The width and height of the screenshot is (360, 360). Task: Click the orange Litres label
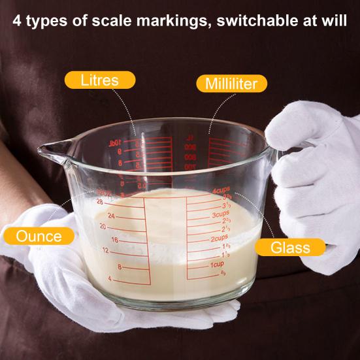tap(99, 80)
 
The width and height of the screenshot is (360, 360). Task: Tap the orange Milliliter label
tap(231, 84)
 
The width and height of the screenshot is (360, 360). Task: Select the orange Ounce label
tap(40, 236)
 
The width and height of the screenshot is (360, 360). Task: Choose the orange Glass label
tap(289, 247)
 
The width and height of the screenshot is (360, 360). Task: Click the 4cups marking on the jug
tap(221, 190)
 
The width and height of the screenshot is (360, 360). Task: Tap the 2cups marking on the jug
tap(218, 238)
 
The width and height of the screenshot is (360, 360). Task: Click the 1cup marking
tap(218, 264)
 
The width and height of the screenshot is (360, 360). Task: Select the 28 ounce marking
tap(100, 203)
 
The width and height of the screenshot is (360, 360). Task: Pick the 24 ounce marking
tap(111, 215)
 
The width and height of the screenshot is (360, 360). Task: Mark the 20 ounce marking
tap(103, 226)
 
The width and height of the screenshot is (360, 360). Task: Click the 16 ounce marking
tap(115, 240)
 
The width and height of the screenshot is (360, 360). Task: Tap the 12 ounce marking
tap(105, 250)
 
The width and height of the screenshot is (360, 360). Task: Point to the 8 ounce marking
tap(120, 267)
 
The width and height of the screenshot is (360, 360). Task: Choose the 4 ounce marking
tap(110, 279)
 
